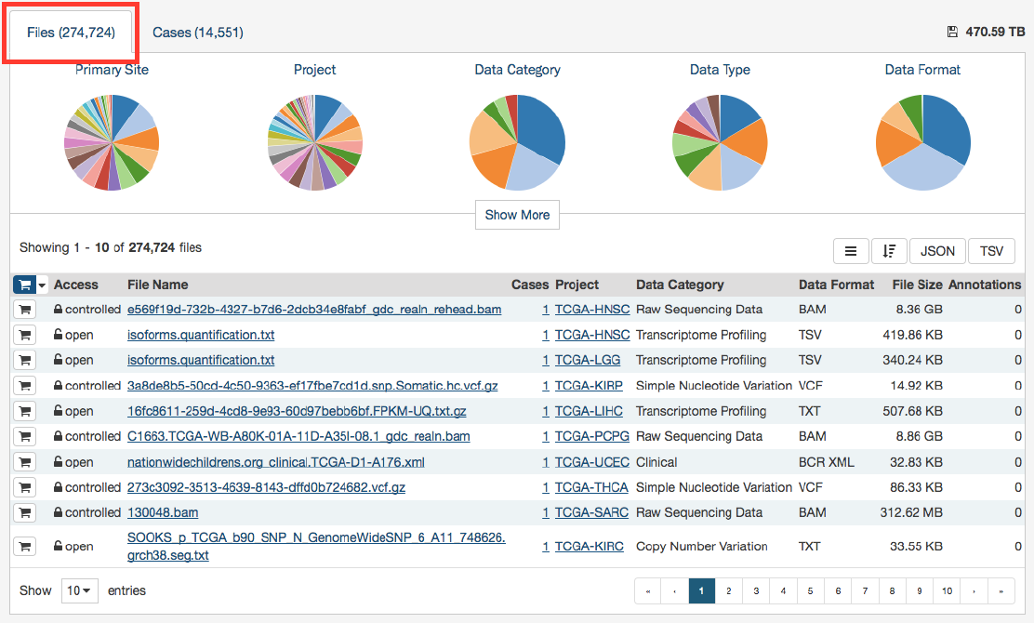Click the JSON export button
point(937,251)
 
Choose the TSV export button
point(991,251)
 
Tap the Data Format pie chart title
point(922,70)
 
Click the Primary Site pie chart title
point(112,70)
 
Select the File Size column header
point(917,285)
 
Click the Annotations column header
point(985,285)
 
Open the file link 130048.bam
point(163,512)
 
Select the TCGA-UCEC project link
point(591,462)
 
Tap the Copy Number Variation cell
point(701,546)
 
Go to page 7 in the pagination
point(865,590)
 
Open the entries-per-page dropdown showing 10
point(80,590)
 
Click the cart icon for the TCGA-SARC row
point(24,512)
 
